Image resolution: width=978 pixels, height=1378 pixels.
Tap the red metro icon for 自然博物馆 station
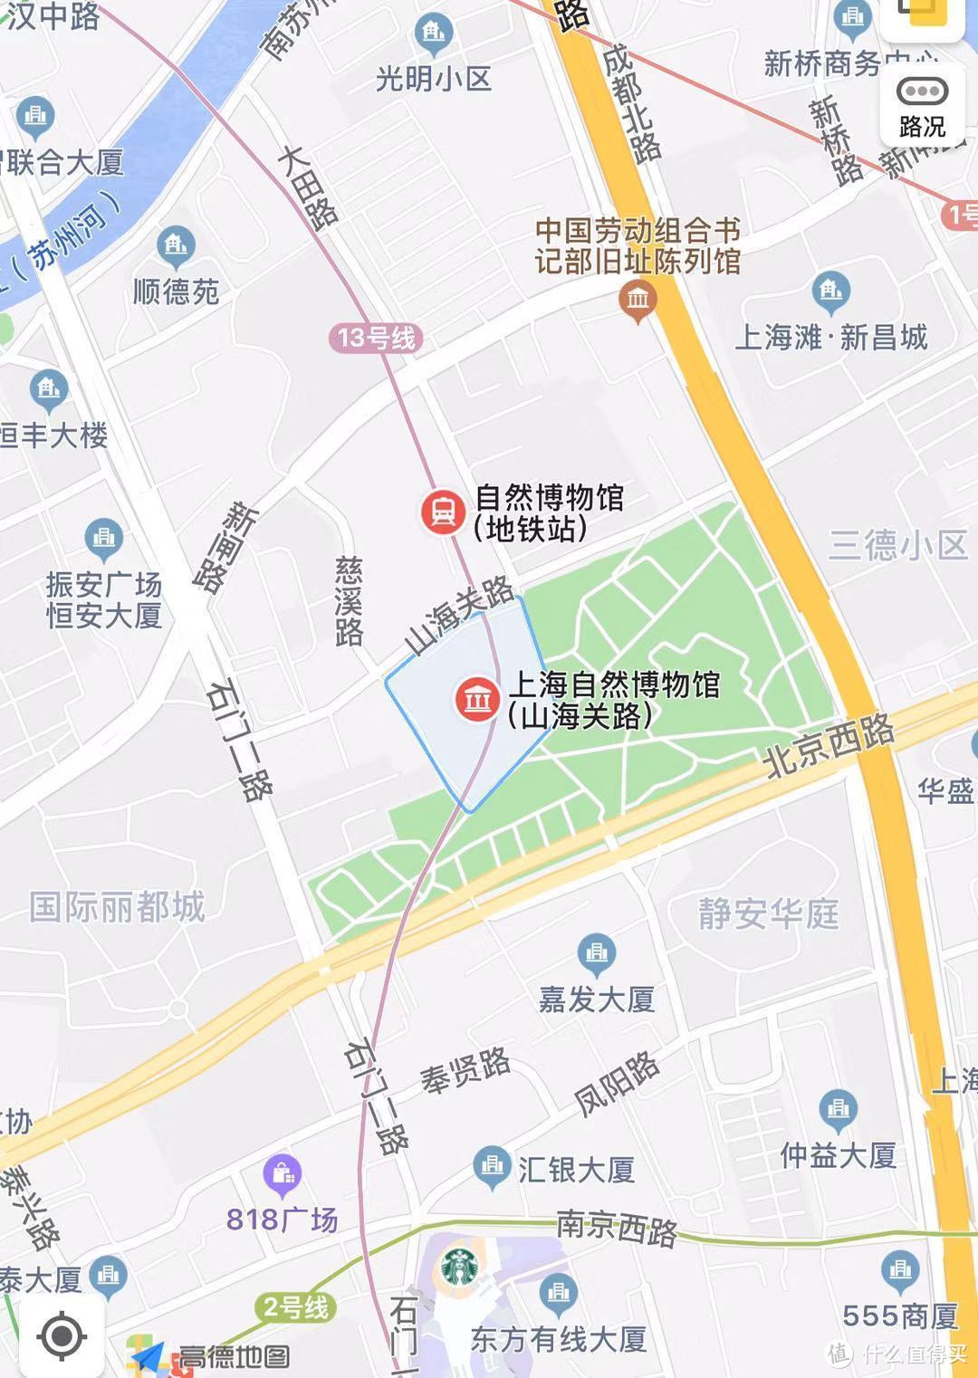pos(443,512)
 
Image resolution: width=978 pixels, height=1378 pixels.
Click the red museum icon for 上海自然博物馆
pos(477,699)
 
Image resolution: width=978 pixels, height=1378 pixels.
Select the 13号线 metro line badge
pos(376,339)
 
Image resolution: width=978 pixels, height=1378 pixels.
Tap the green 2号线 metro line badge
pos(295,1307)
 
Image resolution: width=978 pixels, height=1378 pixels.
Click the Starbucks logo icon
pos(460,1268)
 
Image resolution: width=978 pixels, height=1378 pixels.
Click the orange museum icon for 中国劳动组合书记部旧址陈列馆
pos(638,297)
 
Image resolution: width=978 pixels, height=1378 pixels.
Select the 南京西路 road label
pos(617,1229)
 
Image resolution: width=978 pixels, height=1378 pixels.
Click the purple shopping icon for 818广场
pos(283,1174)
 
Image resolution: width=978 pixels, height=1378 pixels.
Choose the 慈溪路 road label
pos(349,600)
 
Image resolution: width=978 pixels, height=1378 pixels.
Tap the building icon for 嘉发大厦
pos(596,952)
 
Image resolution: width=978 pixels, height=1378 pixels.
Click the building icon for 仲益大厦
pos(838,1109)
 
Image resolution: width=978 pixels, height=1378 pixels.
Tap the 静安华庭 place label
pos(768,914)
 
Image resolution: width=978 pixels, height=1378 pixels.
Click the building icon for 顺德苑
pos(176,244)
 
